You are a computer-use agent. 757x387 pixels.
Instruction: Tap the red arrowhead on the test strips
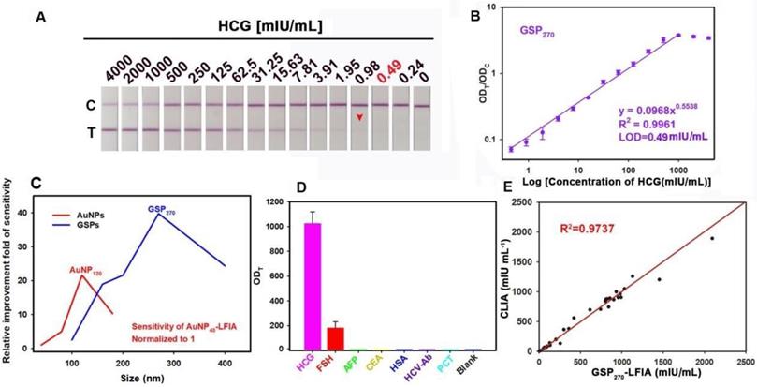(360, 116)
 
